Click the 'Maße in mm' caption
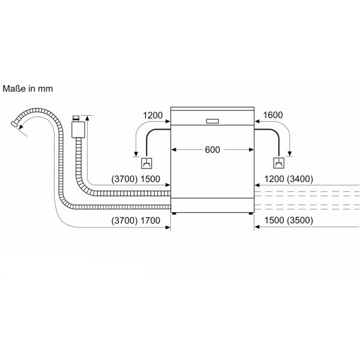28,88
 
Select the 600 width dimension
212,150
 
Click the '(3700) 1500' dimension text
136,179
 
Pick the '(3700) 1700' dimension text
136,221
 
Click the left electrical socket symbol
146,163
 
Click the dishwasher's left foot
175,212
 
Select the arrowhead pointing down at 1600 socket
290,153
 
